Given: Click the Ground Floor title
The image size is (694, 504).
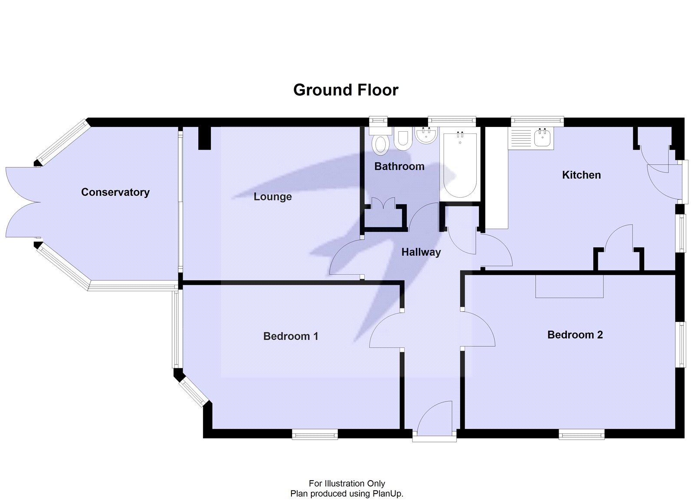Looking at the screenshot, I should click(346, 90).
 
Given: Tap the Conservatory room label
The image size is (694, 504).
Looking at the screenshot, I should click(115, 192).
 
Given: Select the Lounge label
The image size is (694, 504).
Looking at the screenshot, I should click(272, 197).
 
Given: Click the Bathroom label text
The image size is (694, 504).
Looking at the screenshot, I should click(399, 166).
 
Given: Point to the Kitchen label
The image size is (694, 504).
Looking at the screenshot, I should click(581, 175).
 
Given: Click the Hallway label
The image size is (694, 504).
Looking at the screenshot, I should click(421, 252).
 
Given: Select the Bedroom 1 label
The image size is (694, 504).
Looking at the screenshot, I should click(291, 336).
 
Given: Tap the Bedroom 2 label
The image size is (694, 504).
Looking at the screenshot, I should click(575, 335).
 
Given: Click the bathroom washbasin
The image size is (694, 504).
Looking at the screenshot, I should click(426, 135).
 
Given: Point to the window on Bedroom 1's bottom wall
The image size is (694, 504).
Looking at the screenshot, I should click(314, 434).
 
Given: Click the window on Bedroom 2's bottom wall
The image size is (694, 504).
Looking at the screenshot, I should click(581, 434).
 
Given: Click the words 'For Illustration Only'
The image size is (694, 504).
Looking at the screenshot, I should click(347, 483).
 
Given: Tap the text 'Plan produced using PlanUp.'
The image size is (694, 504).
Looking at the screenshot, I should click(347, 494).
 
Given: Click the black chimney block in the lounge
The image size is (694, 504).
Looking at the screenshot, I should click(204, 138).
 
